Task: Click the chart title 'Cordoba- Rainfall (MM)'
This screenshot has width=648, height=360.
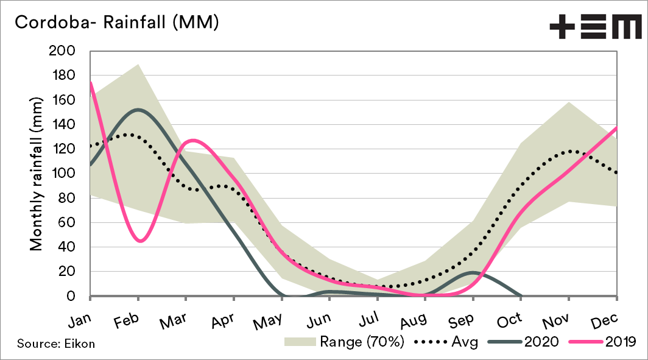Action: click(x=116, y=23)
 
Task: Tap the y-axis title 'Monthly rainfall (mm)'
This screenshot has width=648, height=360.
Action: click(x=37, y=174)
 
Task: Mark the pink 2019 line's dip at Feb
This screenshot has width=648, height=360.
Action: click(x=140, y=241)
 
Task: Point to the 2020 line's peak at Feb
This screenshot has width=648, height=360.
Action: click(x=138, y=110)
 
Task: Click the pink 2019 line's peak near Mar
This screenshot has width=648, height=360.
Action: click(x=192, y=141)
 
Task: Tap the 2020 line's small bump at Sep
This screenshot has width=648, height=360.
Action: click(x=473, y=272)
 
